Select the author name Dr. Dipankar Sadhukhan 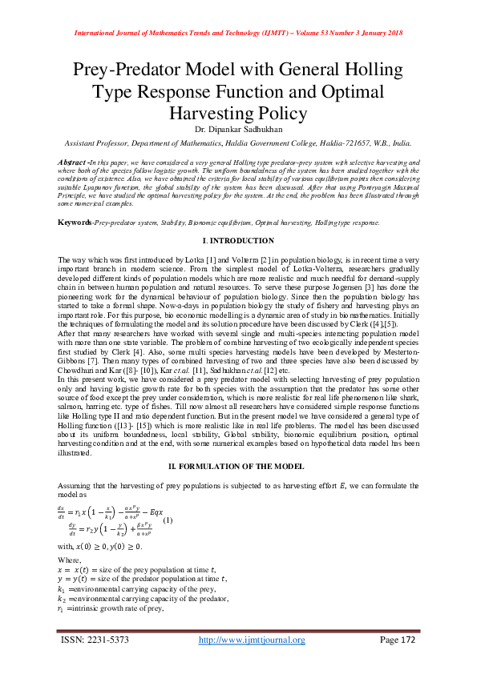(238, 128)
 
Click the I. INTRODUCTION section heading (238, 241)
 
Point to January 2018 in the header (379, 33)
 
